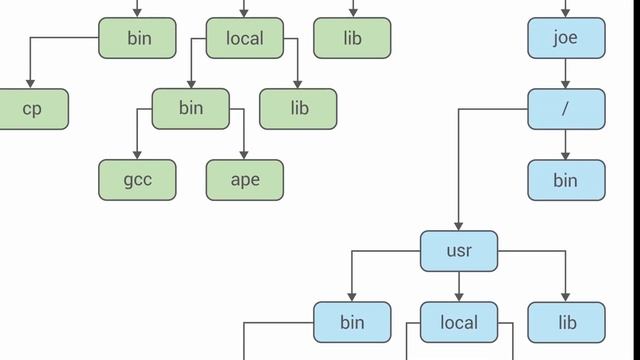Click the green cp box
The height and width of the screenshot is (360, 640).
(31, 109)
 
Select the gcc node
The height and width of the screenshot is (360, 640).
(137, 180)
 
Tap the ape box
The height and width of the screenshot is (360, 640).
(245, 180)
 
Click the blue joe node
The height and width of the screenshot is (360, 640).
(566, 39)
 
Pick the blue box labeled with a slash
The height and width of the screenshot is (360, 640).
(566, 109)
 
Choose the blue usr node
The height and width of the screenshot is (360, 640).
(459, 251)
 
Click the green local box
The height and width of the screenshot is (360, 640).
(245, 39)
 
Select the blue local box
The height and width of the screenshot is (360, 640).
(459, 322)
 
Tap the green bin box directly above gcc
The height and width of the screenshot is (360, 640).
(191, 109)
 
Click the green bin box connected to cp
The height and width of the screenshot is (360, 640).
(137, 39)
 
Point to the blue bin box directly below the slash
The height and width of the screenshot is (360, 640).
(566, 180)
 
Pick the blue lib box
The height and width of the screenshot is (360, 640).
(567, 322)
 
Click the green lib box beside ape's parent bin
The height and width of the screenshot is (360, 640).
(299, 109)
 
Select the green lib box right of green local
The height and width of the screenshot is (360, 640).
(352, 39)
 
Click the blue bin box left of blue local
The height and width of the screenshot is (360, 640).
(352, 322)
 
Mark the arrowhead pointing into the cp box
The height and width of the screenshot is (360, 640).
(31, 84)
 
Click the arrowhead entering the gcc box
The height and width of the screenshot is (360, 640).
(137, 155)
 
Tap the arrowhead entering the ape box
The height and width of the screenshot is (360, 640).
(245, 155)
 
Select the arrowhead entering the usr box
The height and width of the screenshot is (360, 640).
(459, 226)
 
